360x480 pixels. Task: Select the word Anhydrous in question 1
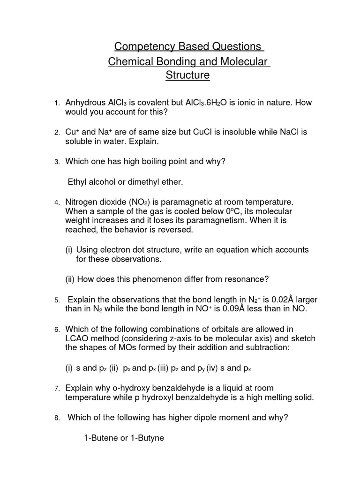86,103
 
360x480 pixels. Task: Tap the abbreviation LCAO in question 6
78,338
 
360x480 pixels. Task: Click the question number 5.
56,300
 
